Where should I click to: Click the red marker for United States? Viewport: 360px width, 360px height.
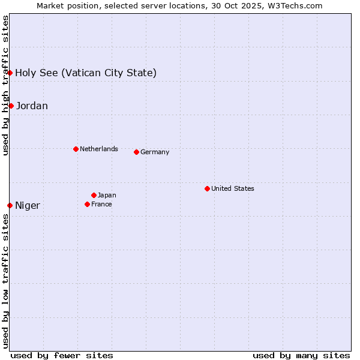pos(207,188)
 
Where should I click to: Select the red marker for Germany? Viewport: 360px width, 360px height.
pos(136,152)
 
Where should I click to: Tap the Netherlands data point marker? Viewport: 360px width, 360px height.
pos(76,149)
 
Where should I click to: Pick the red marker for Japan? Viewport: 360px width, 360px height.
pos(94,195)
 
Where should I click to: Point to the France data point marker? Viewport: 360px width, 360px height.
pos(87,204)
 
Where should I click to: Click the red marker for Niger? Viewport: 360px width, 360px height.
pos(10,205)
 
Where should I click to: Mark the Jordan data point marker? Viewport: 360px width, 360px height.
pos(11,106)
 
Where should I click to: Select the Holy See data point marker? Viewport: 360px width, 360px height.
pos(10,73)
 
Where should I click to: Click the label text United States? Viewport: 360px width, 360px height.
pos(233,188)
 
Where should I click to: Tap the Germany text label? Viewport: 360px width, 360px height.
pos(155,152)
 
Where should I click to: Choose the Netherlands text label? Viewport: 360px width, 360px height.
pos(99,149)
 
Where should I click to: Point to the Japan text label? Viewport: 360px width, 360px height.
pos(107,195)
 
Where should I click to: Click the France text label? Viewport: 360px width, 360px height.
pos(101,204)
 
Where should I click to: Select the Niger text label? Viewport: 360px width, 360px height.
pos(28,205)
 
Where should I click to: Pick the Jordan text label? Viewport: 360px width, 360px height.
pos(32,106)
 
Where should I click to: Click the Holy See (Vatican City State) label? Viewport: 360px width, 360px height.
pos(86,73)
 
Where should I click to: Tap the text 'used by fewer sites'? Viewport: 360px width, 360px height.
pos(62,355)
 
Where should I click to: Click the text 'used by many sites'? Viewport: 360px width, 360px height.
pos(301,355)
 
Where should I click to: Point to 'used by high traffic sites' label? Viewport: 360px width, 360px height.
pos(5,85)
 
